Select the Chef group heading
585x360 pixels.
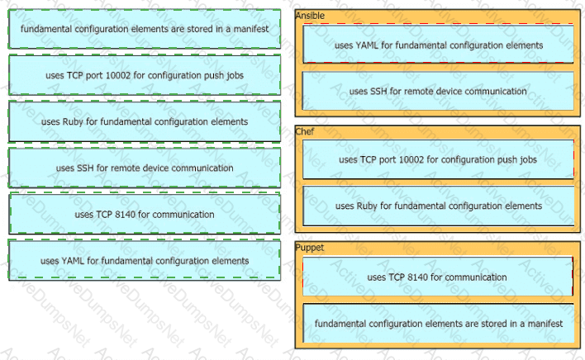[305, 130]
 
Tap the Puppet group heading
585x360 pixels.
[310, 247]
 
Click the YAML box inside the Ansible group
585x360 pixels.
[438, 45]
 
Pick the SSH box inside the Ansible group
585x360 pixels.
[438, 91]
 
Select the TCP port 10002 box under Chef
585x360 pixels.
[438, 159]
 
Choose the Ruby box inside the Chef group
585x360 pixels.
[438, 206]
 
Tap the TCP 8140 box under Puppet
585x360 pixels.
[438, 277]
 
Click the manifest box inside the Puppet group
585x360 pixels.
[438, 323]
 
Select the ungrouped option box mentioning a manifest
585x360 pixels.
[145, 29]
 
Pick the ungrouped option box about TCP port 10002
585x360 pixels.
[145, 75]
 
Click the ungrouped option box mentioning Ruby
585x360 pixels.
[145, 121]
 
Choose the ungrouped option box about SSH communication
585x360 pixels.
[145, 168]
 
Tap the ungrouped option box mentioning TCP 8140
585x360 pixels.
[145, 214]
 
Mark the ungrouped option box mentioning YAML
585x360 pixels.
[145, 260]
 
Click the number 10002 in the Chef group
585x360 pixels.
[399, 159]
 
